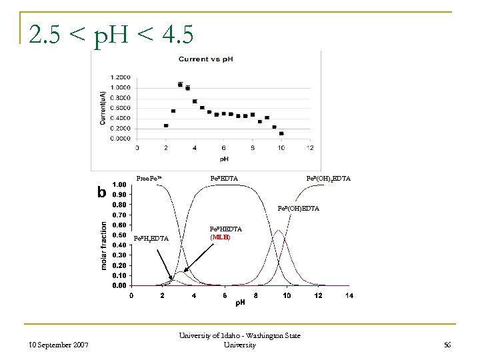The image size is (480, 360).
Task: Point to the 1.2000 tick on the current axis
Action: (121, 77)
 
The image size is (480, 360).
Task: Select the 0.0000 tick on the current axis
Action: (121, 139)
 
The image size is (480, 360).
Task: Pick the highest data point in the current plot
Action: (181, 85)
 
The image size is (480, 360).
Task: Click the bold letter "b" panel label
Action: (101, 193)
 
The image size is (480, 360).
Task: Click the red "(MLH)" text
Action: (220, 237)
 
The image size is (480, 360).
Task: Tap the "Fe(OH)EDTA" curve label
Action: (298, 209)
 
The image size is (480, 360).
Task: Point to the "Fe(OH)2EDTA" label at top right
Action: (328, 179)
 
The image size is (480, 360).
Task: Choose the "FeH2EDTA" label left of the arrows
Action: (151, 239)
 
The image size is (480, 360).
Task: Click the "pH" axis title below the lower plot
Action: (239, 304)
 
